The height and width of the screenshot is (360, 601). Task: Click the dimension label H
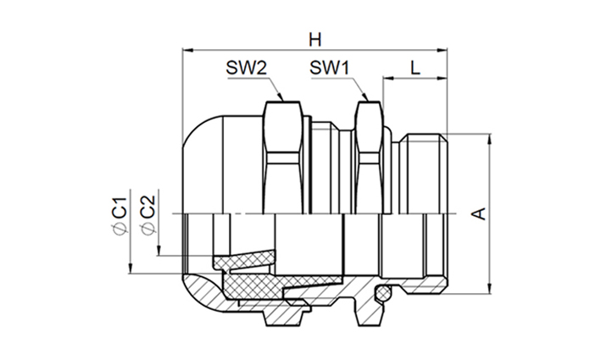point(315,40)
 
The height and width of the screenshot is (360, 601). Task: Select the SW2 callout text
point(246,68)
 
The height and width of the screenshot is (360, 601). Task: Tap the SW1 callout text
point(330,68)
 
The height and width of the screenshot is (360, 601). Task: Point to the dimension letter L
point(415,68)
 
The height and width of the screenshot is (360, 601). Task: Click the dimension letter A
point(480,213)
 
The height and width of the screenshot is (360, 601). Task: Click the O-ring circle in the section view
point(382,293)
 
